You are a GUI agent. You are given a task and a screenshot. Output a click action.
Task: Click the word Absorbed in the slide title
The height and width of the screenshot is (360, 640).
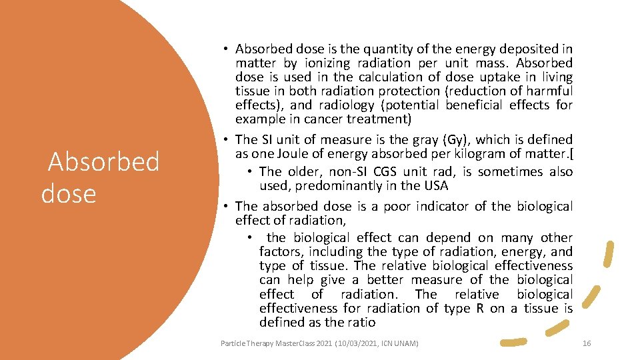104,162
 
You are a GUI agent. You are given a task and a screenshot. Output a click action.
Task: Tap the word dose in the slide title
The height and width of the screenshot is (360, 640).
69,193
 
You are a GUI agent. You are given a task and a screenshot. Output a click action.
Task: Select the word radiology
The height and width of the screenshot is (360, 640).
345,105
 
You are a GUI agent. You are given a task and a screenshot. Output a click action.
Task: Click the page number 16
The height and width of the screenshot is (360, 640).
587,343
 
